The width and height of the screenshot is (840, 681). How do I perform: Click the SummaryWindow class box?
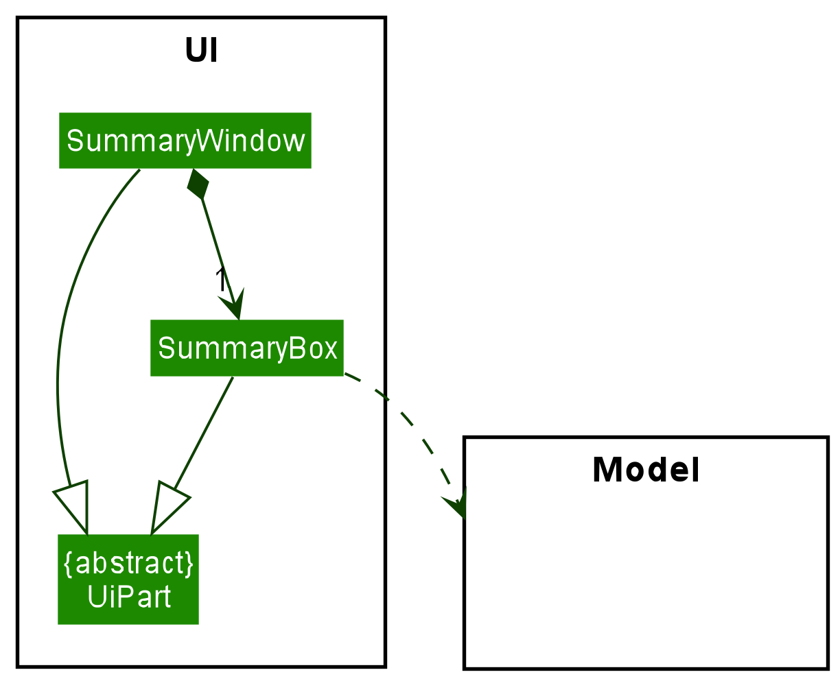coord(185,141)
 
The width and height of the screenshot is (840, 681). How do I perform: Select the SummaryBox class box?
coord(246,348)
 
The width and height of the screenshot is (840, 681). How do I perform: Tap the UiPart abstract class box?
coord(128,580)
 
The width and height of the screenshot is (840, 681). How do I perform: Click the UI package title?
coord(201,51)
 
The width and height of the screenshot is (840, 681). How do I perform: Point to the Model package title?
coord(645,470)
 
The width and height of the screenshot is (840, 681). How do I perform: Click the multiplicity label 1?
coord(220,280)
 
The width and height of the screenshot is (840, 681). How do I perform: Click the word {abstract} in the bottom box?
coord(128,564)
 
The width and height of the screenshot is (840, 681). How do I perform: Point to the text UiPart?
coord(128,597)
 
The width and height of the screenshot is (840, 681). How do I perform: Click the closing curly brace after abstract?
coord(189,564)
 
